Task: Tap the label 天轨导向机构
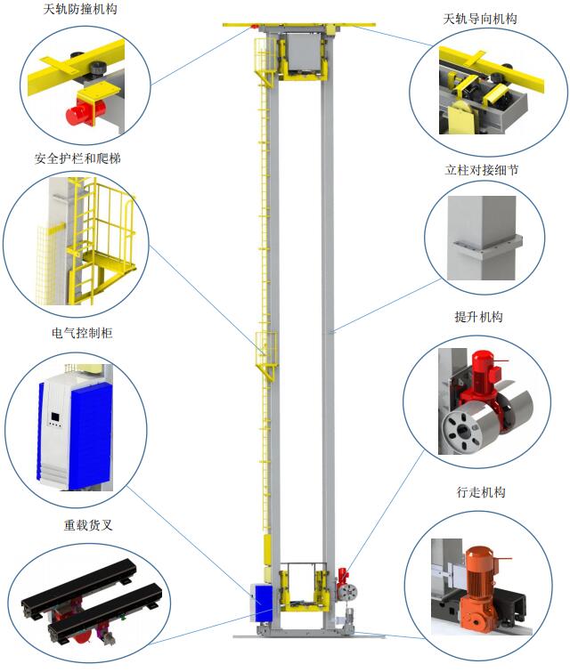click(480, 19)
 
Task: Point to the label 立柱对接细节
click(481, 170)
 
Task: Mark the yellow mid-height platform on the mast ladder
click(265, 352)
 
